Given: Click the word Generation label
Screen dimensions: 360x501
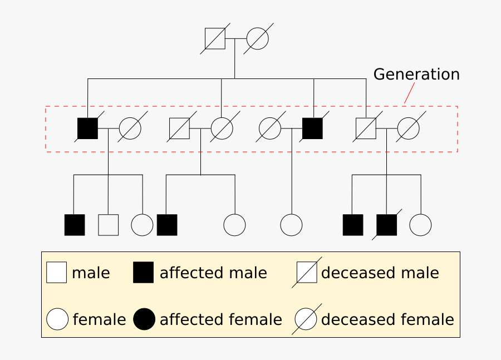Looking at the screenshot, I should click(416, 75).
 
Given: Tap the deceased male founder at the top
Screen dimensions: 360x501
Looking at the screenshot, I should click(215, 38).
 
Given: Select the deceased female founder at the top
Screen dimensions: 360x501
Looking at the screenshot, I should click(257, 38).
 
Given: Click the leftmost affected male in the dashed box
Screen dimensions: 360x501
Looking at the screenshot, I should click(87, 129).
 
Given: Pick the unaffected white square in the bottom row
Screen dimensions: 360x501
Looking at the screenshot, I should click(108, 225).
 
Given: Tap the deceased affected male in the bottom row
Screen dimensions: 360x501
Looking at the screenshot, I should click(386, 225).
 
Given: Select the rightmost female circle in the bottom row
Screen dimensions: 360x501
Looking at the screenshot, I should click(420, 225).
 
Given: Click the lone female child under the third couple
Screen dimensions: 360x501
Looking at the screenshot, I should click(291, 225).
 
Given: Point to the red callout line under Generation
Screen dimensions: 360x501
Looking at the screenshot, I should click(409, 93).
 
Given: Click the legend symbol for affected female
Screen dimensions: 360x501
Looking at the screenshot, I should click(144, 319).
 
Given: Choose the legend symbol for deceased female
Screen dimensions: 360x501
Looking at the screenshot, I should click(306, 319).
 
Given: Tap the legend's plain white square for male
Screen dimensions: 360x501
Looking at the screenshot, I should click(56, 273).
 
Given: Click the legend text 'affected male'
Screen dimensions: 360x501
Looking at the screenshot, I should click(213, 273).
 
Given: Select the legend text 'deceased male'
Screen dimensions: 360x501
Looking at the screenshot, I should click(380, 273).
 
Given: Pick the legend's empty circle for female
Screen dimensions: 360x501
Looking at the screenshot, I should click(57, 319).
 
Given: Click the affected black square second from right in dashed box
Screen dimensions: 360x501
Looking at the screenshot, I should click(312, 129).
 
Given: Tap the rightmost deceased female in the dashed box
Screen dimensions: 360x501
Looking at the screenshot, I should click(408, 129).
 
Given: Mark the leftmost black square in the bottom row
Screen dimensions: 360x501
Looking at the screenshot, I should click(75, 225).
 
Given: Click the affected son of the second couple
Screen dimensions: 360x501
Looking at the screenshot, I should click(167, 225).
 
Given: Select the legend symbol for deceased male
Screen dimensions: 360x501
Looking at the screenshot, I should click(307, 273).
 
